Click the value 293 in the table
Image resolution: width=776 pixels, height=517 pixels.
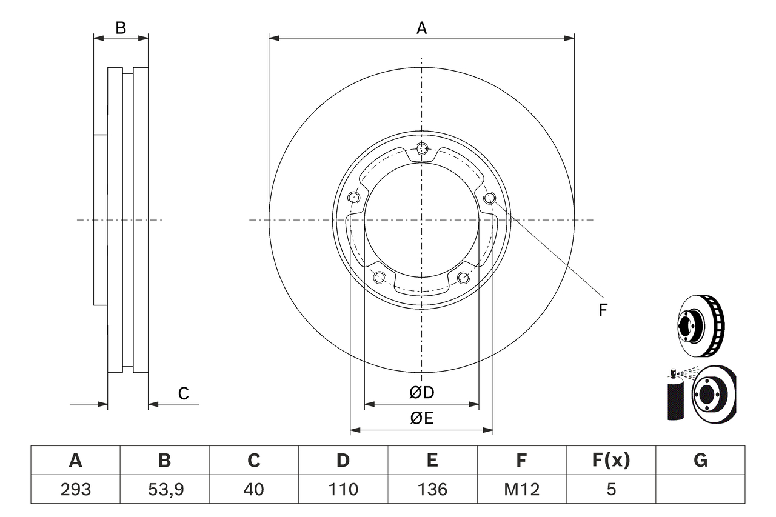tap(75, 489)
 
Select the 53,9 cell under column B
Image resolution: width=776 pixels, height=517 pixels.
tap(164, 489)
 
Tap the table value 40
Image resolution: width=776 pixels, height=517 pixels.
tap(253, 489)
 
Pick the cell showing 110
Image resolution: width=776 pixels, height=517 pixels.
tap(343, 489)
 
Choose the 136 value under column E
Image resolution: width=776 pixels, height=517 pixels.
tap(432, 489)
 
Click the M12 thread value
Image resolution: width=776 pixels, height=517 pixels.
tap(521, 489)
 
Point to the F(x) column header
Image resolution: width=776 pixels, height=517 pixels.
tap(610, 461)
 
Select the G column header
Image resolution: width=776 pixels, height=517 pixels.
tap(700, 461)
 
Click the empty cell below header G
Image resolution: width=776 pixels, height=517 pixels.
tap(700, 489)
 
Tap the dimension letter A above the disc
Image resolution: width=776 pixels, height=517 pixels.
tap(421, 28)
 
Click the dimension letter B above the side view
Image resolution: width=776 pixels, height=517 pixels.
tap(121, 28)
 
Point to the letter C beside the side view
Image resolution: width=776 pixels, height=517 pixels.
tap(183, 393)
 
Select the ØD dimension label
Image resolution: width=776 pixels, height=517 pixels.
tap(422, 393)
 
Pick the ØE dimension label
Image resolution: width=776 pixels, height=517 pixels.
tap(422, 419)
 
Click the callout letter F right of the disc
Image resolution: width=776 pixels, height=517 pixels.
tap(603, 310)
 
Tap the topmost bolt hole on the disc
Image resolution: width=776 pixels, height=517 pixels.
tap(422, 148)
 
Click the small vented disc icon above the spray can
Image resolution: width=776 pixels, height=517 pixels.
tap(701, 325)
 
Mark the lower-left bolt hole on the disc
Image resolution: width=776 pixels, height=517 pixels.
tap(380, 278)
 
